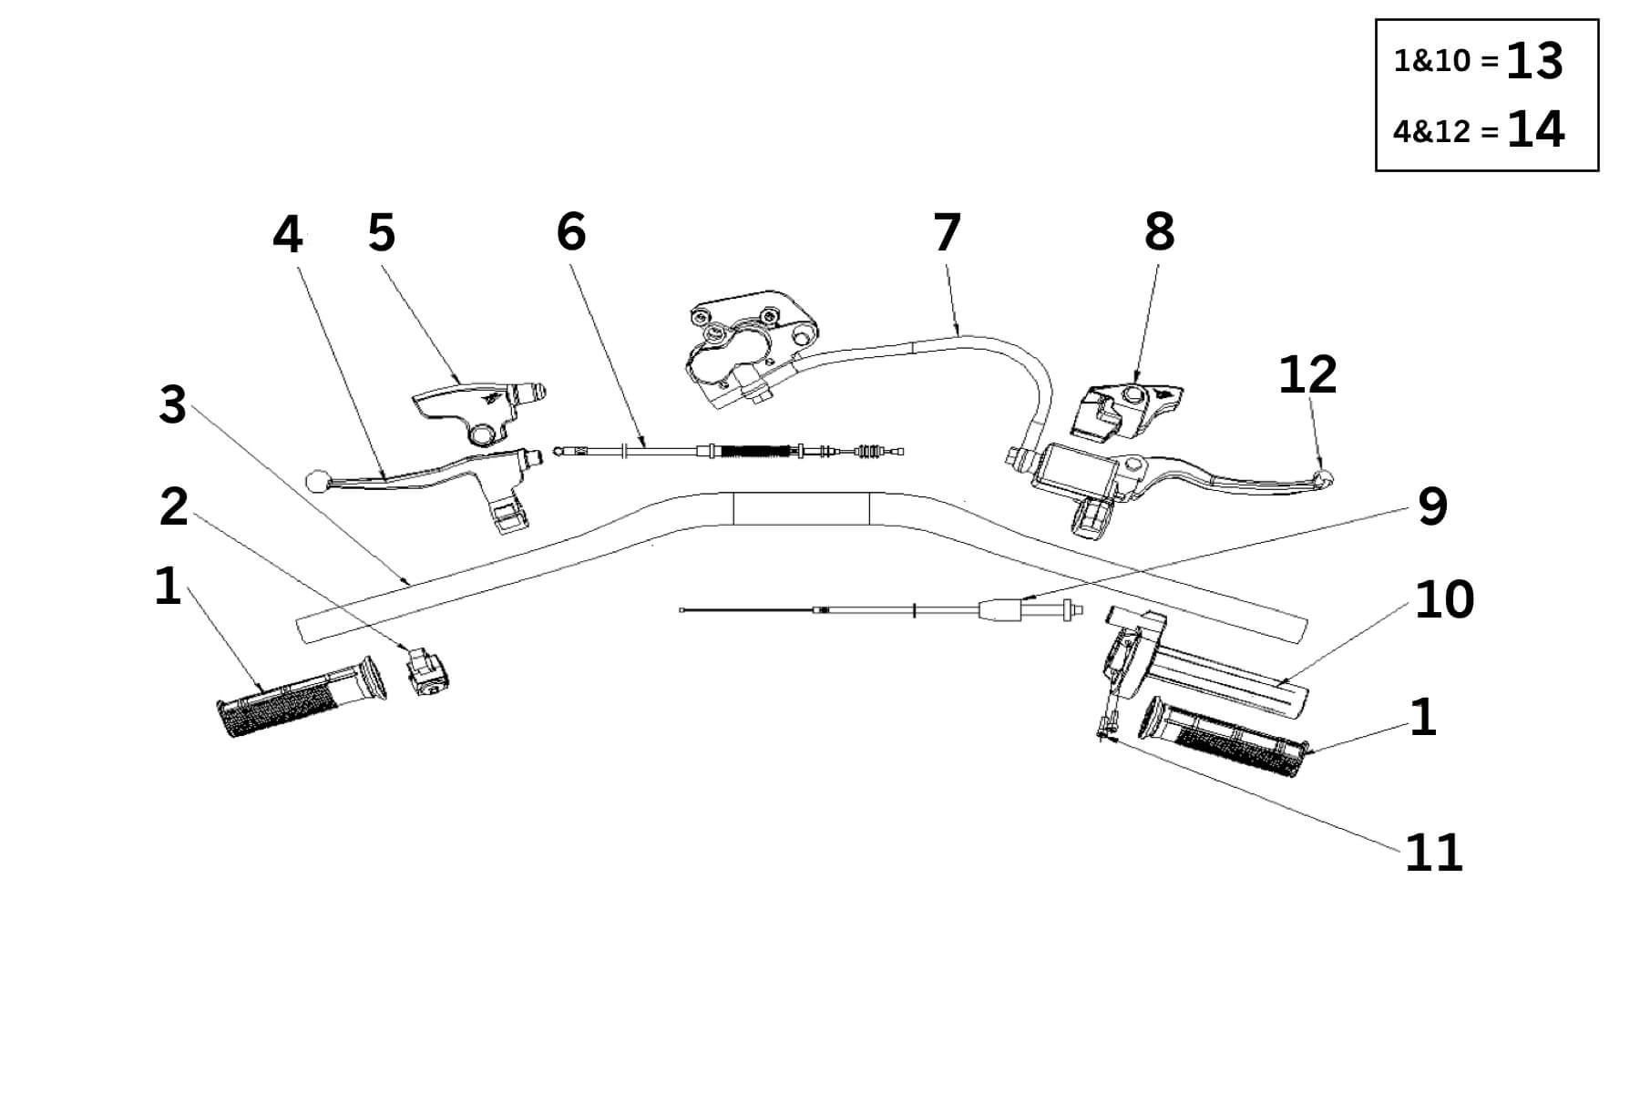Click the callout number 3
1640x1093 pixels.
click(172, 405)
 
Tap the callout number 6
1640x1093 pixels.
click(571, 232)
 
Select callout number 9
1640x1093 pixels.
click(1432, 506)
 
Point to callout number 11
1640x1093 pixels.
click(1433, 853)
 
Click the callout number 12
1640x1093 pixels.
click(1307, 374)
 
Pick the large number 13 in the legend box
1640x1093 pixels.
click(1534, 62)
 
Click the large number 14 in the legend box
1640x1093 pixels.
click(1535, 130)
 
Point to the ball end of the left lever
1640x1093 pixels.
click(316, 477)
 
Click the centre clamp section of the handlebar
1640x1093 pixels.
click(801, 510)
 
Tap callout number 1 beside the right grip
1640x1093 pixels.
click(1422, 718)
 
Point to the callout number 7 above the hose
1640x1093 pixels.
click(947, 233)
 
